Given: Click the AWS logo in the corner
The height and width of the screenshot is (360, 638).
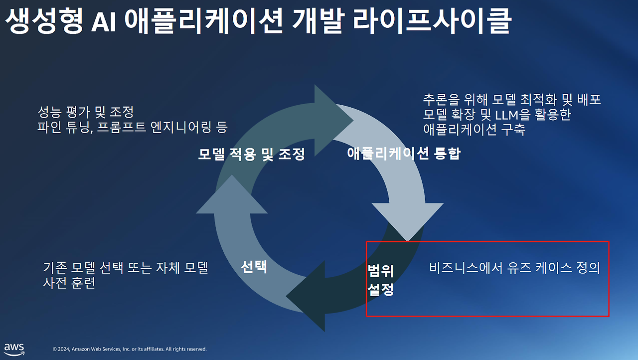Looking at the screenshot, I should point(14,349).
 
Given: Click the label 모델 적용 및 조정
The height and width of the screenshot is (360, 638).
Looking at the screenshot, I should point(251,154).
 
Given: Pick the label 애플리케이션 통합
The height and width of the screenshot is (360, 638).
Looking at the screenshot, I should point(403,154).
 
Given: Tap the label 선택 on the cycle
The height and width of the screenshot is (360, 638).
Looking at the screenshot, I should point(254,267).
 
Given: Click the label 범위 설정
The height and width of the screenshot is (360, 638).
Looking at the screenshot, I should point(381,280).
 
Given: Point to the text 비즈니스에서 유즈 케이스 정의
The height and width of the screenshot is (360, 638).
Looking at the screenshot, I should point(514,268).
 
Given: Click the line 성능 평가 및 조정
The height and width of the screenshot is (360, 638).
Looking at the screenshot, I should point(86,111).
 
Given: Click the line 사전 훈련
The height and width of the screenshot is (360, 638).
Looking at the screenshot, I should point(69,284).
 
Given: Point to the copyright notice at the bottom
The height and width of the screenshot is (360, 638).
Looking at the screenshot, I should point(130,349).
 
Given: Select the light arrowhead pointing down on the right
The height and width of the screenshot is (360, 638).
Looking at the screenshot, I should point(408,219).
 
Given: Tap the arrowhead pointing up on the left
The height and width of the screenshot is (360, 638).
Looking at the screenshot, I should point(232,197).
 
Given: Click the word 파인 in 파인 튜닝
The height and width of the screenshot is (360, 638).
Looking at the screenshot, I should point(48,128).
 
